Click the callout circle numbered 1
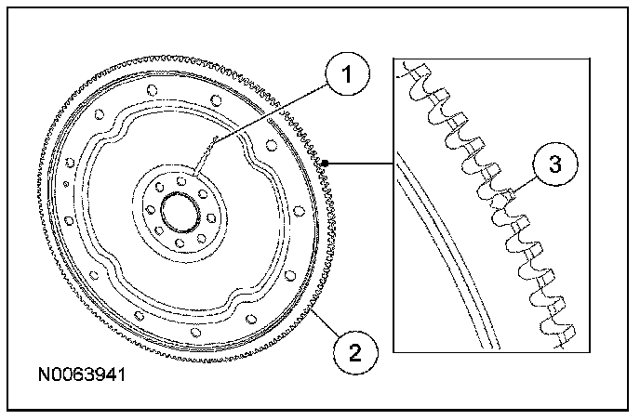(347, 73)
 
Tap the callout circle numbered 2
(355, 352)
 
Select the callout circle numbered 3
(555, 164)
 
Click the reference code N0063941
(82, 374)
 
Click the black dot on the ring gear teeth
(325, 164)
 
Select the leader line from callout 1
(261, 129)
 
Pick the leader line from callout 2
(326, 323)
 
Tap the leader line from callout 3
(525, 184)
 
